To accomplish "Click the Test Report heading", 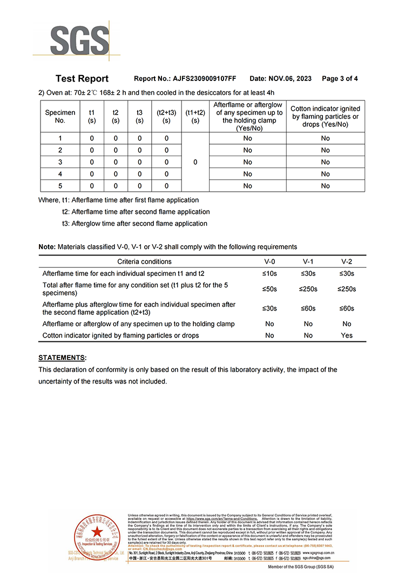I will tap(82, 78).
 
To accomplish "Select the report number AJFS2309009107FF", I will tap(204, 78).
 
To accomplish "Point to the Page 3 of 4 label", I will tap(340, 78).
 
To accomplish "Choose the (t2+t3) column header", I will tap(166, 117).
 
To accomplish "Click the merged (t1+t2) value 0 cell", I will tap(195, 162).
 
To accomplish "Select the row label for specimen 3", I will tap(60, 162).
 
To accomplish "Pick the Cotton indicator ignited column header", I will tap(325, 117).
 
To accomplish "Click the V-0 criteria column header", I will tap(269, 261).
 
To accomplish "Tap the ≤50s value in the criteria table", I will tap(269, 289).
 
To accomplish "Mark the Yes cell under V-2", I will tap(347, 335).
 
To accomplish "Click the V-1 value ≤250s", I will tap(308, 289).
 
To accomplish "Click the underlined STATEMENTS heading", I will tap(62, 358).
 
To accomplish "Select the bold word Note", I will tap(46, 247).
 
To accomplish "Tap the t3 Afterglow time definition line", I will tap(134, 224).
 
